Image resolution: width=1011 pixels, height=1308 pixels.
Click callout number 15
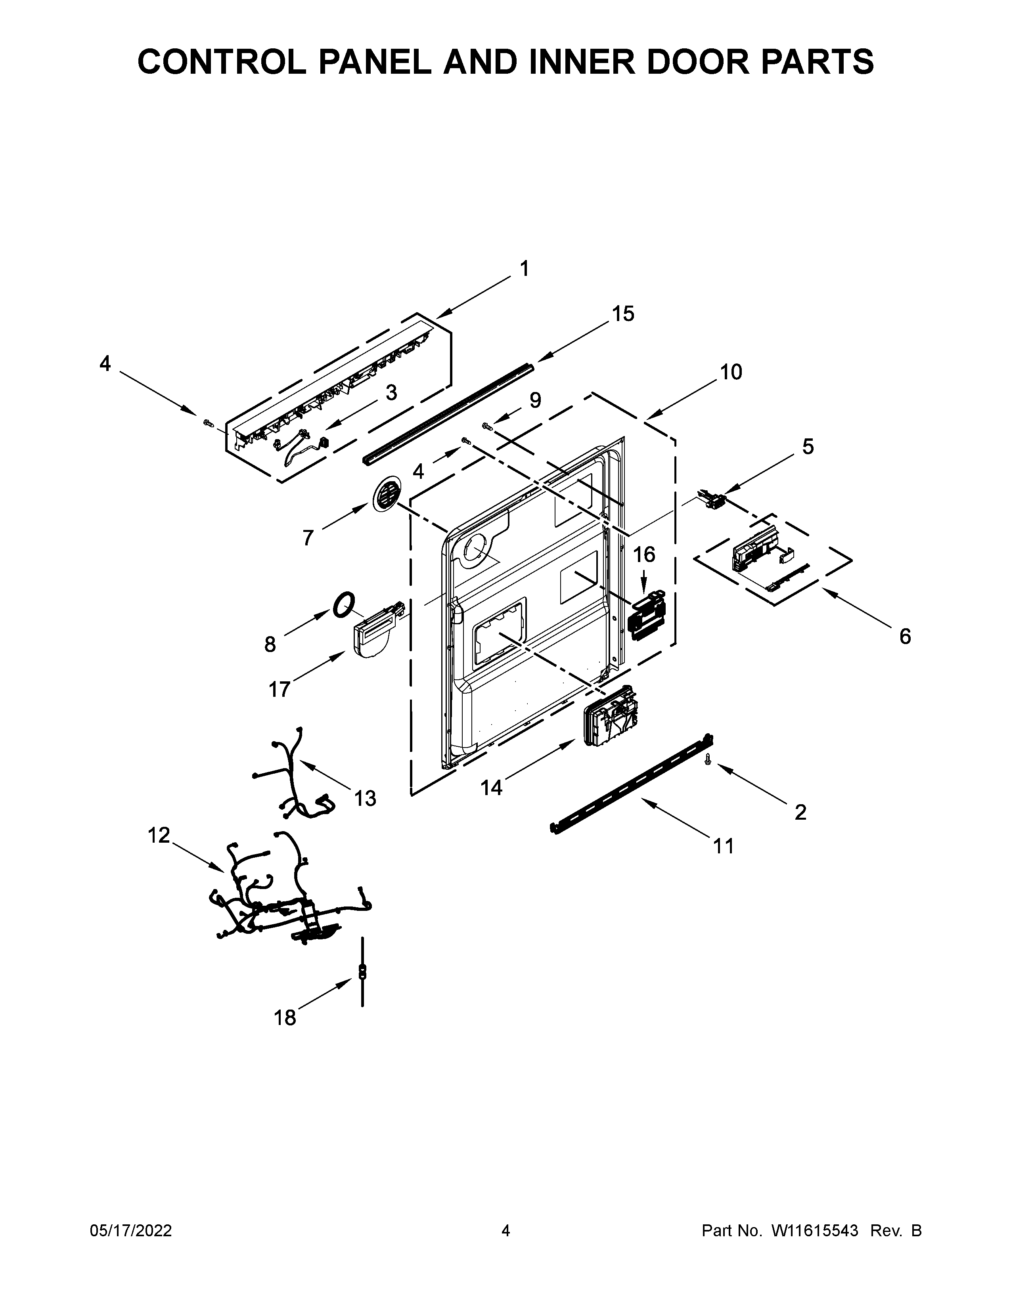pyautogui.click(x=623, y=314)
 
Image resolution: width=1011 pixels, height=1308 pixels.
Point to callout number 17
pyautogui.click(x=279, y=690)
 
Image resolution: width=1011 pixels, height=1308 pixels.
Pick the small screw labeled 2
pyautogui.click(x=708, y=759)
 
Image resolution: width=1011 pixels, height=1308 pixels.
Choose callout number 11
pyautogui.click(x=724, y=846)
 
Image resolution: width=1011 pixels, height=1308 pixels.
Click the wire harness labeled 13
pyautogui.click(x=293, y=773)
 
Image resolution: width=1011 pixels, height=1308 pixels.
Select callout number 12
pyautogui.click(x=159, y=835)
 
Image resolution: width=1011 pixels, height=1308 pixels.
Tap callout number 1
pyautogui.click(x=525, y=269)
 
